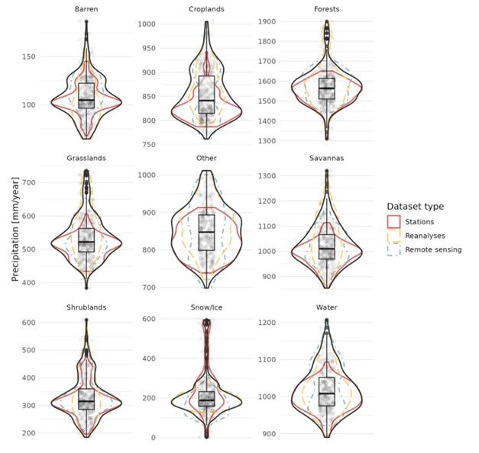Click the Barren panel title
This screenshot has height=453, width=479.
point(86,8)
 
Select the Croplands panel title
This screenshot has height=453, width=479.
point(206,8)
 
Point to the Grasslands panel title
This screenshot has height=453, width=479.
point(86,159)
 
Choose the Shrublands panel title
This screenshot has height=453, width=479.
point(86,308)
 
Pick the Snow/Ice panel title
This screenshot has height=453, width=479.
point(206,308)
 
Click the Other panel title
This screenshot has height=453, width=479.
point(206,159)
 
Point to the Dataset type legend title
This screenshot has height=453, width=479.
point(415,207)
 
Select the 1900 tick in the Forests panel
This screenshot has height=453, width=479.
point(267,21)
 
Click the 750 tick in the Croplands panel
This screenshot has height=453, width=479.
point(147,145)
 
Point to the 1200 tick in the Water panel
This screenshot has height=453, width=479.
point(267,323)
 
